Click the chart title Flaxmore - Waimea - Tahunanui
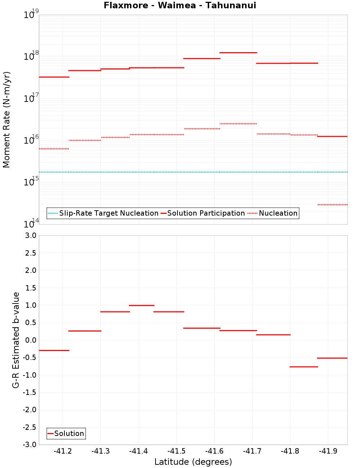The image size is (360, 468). pos(180,5)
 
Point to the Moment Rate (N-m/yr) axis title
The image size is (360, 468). pos(6,120)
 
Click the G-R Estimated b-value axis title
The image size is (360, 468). pos(16,340)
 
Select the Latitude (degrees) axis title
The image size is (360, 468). pos(193,462)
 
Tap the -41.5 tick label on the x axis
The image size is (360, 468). pos(176,451)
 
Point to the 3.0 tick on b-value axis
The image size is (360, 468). pos(30,235)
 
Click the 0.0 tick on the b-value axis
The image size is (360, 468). pos(30,340)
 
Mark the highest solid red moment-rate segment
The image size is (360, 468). pos(238,53)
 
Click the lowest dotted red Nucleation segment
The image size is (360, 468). pos(332,205)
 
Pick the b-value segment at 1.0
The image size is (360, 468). pos(141,305)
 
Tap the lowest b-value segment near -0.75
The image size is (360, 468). pos(303,366)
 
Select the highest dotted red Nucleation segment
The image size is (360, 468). pos(238,123)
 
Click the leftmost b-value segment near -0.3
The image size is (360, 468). pos(54,350)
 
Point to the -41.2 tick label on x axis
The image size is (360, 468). pos(63,451)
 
